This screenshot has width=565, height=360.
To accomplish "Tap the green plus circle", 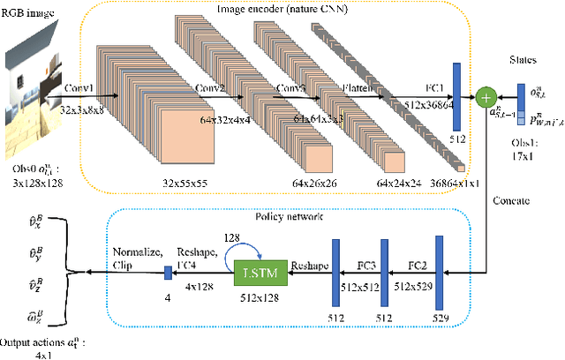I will pos(485,96).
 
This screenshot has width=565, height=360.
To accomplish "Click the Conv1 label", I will pos(79,88).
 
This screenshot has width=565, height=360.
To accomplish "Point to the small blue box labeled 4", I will pos(167,274).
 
